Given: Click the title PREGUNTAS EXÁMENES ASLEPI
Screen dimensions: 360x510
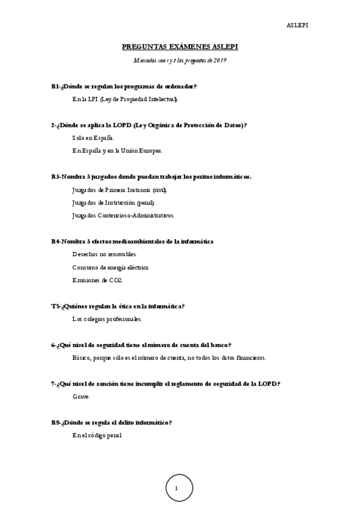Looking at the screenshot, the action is click(x=180, y=46).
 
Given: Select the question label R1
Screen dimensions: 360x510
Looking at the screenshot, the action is click(x=55, y=87).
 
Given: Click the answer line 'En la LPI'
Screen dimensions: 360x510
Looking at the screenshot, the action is click(x=125, y=99).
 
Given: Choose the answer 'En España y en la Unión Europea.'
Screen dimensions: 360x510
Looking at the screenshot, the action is click(x=117, y=150).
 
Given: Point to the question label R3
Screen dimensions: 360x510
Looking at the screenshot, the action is click(x=55, y=177).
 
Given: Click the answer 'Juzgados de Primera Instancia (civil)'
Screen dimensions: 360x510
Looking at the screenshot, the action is click(x=120, y=189).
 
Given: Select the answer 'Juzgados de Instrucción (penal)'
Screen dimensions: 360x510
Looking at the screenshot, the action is click(x=114, y=202).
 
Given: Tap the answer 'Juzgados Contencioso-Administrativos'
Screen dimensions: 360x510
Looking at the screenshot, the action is click(x=123, y=215).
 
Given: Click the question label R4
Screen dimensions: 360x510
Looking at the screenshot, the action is click(x=55, y=241).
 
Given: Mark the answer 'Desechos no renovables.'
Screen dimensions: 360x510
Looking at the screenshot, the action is click(x=105, y=254).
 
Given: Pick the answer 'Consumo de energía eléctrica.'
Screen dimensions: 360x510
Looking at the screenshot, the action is click(x=111, y=267).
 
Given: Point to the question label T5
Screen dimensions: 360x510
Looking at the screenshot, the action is click(x=55, y=306).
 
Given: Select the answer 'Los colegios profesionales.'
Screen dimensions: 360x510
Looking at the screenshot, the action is click(x=107, y=319).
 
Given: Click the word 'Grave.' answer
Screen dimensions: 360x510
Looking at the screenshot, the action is click(x=81, y=396).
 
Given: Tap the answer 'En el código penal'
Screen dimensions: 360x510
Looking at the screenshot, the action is click(x=97, y=435).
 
